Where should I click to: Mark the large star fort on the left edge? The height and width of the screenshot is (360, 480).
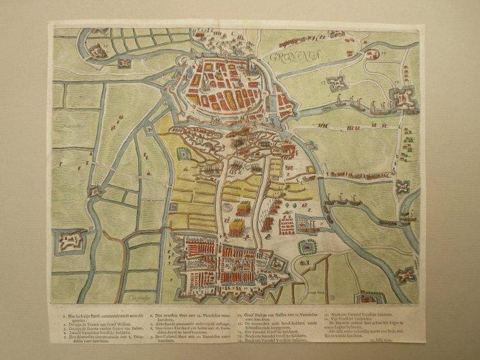[70, 240]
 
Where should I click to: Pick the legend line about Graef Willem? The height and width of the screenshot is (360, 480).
[103, 320]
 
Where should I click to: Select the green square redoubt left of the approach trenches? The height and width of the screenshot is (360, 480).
[184, 155]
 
